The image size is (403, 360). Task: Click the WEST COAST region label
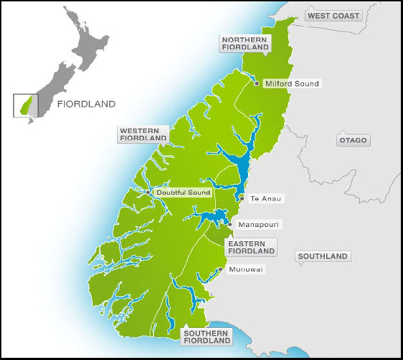[333, 15]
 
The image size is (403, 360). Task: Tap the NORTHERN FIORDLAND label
[244, 43]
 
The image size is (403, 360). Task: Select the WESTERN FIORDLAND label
[143, 134]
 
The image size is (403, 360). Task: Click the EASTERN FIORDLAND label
[251, 247]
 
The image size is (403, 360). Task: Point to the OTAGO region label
[353, 140]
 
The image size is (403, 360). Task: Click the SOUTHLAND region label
[323, 256]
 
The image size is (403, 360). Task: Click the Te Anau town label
[262, 199]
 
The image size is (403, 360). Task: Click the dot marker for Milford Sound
[257, 83]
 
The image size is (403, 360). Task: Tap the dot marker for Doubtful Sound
[148, 192]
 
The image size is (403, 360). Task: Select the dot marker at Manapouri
[230, 224]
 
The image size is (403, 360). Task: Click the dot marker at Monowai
[221, 269]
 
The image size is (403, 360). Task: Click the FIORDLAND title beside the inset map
[86, 104]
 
